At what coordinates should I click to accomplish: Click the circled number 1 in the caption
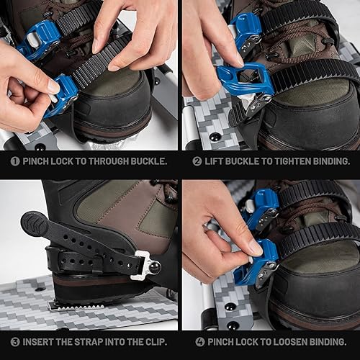click(x=14, y=162)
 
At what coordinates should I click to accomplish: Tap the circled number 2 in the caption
click(x=197, y=162)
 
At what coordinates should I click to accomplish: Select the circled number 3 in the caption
click(x=14, y=342)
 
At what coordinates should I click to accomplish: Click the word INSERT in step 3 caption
click(x=41, y=342)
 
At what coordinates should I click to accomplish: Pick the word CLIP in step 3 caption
click(x=152, y=342)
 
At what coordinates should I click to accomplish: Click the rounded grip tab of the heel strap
click(x=34, y=225)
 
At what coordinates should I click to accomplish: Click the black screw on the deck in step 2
click(x=215, y=137)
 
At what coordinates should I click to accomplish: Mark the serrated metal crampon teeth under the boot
click(x=76, y=305)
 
